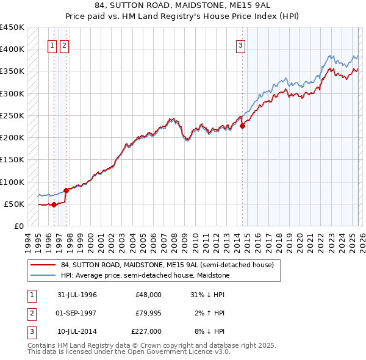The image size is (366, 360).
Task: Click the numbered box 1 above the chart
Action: click(52, 45)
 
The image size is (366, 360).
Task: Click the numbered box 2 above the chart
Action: click(64, 45)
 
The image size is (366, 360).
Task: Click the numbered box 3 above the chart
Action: click(241, 45)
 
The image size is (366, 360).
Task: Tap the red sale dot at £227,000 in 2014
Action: click(242, 126)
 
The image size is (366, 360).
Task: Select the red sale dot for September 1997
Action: click(66, 191)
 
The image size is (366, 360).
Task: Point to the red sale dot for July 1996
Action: click(54, 205)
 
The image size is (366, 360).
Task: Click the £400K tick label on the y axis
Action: click(12, 49)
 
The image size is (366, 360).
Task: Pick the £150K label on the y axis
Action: click(12, 160)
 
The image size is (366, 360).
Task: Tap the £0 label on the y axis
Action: click(18, 226)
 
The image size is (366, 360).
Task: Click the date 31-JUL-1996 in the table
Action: click(77, 295)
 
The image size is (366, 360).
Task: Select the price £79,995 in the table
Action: click(149, 314)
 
